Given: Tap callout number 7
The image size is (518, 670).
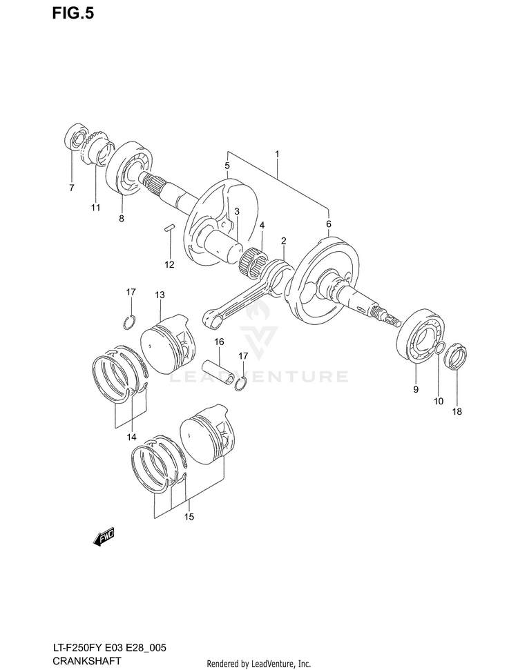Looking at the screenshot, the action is [x=71, y=187].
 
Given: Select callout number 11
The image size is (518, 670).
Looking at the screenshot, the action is [x=95, y=207].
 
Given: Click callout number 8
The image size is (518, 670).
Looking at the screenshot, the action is [x=121, y=219].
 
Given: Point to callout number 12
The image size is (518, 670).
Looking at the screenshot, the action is [x=169, y=264].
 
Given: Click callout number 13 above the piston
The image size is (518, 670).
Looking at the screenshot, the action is [x=160, y=295].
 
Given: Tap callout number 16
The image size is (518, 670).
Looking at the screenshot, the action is [x=218, y=342].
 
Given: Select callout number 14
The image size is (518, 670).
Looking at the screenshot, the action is [x=131, y=437].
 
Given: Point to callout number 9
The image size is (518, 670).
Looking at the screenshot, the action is [x=416, y=390].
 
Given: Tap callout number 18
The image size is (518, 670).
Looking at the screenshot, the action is [x=457, y=412].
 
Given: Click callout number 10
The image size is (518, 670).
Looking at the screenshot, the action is [x=438, y=400].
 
